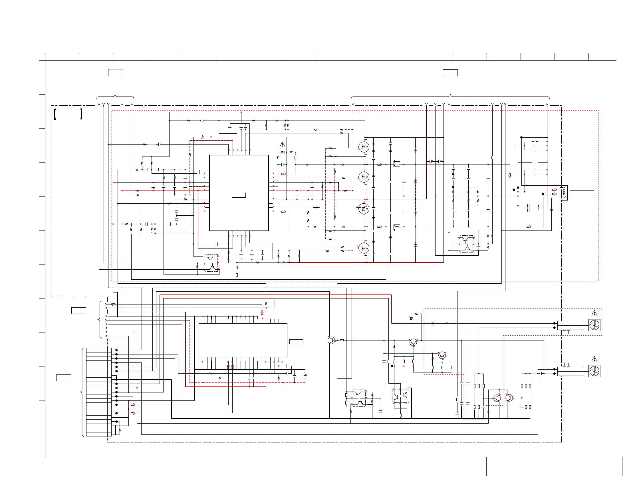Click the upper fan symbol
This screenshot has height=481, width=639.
click(x=594, y=325)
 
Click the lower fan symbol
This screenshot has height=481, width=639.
click(x=594, y=371)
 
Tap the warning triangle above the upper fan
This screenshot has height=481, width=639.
click(x=594, y=313)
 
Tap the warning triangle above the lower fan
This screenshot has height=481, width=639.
click(x=594, y=359)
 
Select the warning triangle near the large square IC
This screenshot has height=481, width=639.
click(x=282, y=145)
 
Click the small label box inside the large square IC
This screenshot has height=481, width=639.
click(x=239, y=195)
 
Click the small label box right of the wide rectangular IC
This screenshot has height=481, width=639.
click(x=296, y=342)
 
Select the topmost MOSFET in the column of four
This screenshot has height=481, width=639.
click(x=364, y=147)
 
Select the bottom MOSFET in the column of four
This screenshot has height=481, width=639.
click(x=364, y=248)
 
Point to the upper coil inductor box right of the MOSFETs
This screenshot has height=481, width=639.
click(x=397, y=164)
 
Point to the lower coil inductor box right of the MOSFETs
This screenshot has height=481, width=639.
click(x=397, y=227)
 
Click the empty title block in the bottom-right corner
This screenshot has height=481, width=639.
click(x=554, y=466)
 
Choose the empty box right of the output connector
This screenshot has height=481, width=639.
click(x=582, y=194)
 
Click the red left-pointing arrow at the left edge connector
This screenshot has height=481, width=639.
click(x=113, y=304)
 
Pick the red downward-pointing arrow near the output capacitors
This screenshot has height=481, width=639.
click(x=510, y=175)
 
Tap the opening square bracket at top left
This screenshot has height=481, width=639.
click(x=55, y=114)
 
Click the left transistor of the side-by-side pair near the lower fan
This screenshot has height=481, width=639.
click(x=497, y=398)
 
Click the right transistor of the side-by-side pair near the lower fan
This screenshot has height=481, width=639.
click(x=509, y=398)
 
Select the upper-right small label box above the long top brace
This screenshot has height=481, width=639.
click(x=450, y=73)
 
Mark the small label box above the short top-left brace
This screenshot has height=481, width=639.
click(x=116, y=72)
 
